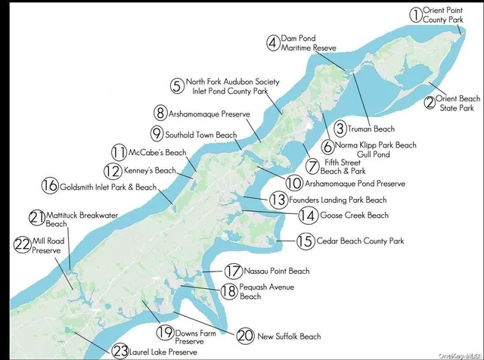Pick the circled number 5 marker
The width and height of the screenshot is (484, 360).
click(176, 85)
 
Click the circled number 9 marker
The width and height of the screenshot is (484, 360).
click(157, 134)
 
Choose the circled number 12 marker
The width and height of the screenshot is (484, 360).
click(113, 171)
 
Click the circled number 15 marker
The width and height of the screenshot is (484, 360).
click(306, 241)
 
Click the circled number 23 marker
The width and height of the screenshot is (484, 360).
click(119, 350)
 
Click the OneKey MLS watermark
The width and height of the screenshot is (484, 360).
click(461, 352)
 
